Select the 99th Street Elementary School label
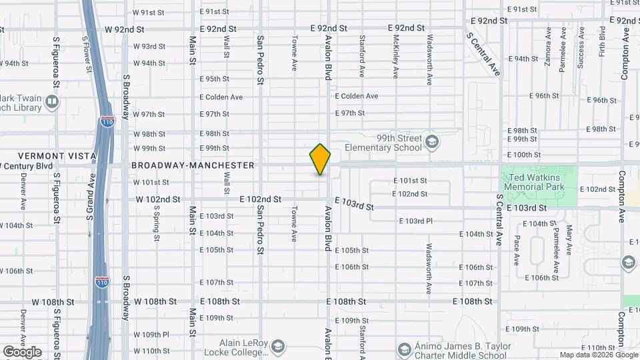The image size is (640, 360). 383,143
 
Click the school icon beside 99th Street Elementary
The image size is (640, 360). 432,141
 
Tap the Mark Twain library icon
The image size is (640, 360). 52,102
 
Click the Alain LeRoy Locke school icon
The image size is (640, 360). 277,347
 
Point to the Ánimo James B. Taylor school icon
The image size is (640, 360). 404,349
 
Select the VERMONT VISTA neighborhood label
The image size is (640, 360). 48,156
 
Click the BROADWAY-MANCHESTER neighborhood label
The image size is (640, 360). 193,165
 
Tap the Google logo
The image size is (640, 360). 22,352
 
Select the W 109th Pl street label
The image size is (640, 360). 151,335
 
